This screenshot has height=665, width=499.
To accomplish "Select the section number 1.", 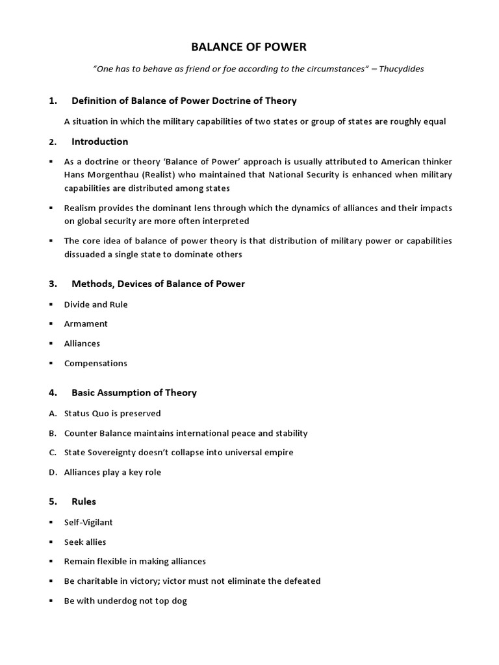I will [x=52, y=101].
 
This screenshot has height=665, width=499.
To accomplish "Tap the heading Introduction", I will [x=99, y=142].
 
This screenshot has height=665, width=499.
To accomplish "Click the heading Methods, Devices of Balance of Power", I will [x=158, y=284].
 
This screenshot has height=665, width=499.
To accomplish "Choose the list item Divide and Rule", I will [x=96, y=305].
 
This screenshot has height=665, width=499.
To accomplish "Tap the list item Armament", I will [x=86, y=323].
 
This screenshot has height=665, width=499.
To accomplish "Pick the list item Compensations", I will [x=96, y=363].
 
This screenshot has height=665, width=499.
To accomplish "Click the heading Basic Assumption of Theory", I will [x=134, y=393].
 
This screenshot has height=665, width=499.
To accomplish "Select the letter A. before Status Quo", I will [x=52, y=413].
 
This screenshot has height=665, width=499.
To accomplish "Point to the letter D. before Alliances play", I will [x=53, y=472].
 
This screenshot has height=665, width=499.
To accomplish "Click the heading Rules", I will [x=84, y=502].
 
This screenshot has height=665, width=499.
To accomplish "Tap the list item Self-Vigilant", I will [x=88, y=522].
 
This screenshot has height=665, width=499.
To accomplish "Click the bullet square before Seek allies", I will [x=51, y=542].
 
